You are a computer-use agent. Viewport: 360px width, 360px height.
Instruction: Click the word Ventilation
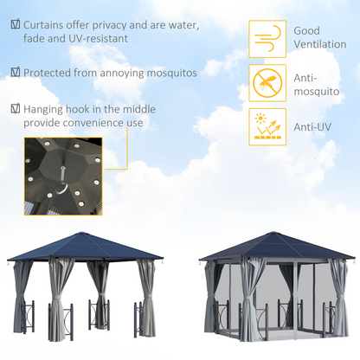coord(322,44)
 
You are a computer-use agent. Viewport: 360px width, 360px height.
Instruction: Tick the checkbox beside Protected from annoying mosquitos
coord(15,74)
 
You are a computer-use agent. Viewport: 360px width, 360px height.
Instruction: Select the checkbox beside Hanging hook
coord(15,110)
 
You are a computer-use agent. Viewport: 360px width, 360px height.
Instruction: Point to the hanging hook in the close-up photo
coord(61,181)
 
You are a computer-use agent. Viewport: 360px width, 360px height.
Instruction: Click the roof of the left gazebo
coord(87,247)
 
